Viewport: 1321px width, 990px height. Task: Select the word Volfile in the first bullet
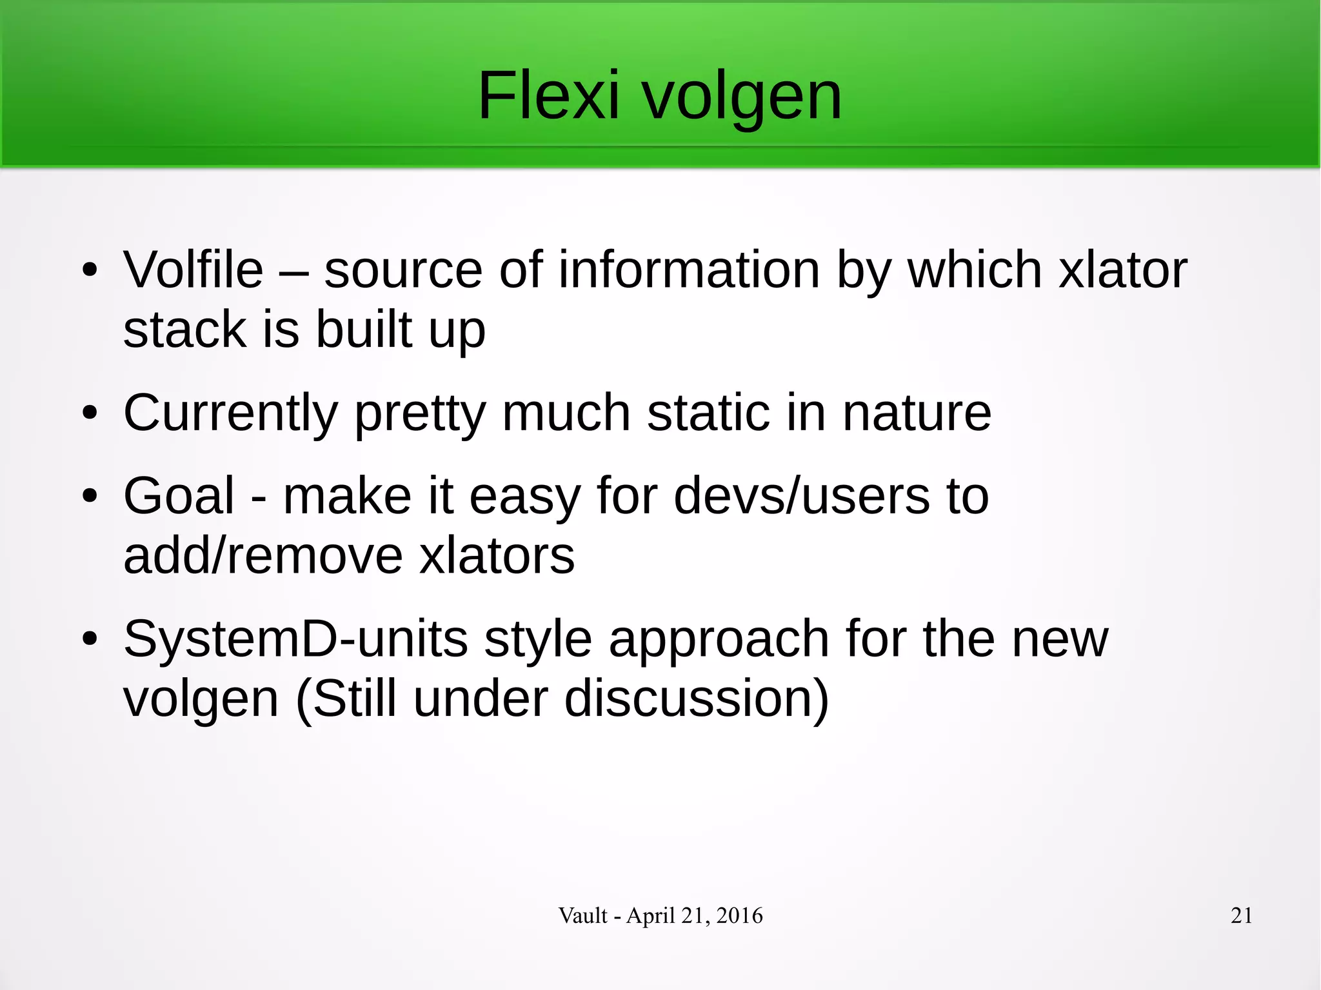[194, 270]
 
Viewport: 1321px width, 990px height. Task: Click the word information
[689, 270]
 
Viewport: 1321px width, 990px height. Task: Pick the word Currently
[230, 414]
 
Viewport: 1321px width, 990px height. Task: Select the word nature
[917, 414]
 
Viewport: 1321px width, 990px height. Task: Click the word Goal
[179, 496]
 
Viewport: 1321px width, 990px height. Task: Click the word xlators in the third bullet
[497, 556]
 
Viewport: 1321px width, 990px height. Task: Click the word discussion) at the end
[697, 699]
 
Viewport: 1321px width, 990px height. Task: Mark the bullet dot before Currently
[90, 413]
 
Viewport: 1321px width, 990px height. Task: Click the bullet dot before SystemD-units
[90, 639]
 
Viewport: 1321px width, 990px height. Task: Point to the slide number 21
[1241, 916]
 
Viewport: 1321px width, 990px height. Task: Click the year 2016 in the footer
[739, 916]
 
